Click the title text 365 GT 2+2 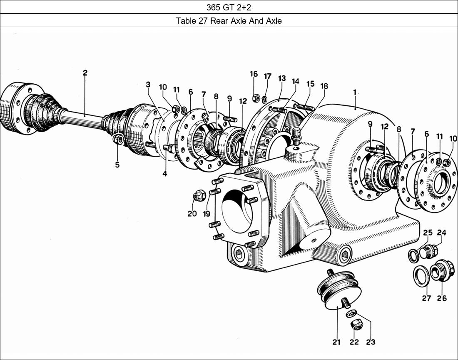(x=229, y=7)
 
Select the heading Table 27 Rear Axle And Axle (x=229, y=21)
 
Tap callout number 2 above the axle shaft (x=85, y=73)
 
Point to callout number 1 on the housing (x=355, y=92)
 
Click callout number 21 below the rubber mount (x=336, y=342)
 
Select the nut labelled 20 (x=198, y=196)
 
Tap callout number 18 (x=324, y=86)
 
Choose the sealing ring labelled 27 (x=421, y=275)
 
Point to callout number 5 (x=117, y=165)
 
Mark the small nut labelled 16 (x=256, y=99)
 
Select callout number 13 (x=282, y=78)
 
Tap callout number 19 (x=207, y=214)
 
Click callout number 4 (x=165, y=173)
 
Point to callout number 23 (x=370, y=342)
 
